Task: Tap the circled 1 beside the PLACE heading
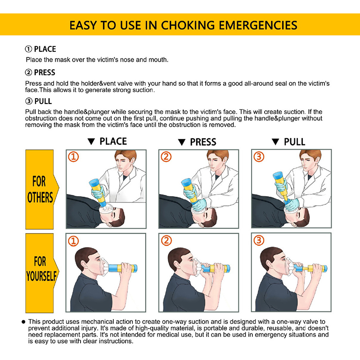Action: click(x=28, y=49)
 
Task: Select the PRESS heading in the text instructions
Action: click(x=45, y=72)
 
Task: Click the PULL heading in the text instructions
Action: click(x=43, y=101)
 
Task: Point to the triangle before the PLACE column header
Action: click(x=91, y=141)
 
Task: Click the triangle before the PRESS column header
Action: click(x=182, y=142)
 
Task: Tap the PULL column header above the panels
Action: click(x=295, y=142)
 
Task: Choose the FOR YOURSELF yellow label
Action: click(x=41, y=273)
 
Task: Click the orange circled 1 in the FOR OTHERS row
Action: click(x=73, y=157)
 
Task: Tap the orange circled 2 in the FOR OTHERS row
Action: click(x=166, y=157)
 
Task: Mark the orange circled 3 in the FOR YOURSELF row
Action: click(x=259, y=241)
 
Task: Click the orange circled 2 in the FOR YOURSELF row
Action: click(x=166, y=241)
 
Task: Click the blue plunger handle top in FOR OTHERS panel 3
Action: click(x=279, y=176)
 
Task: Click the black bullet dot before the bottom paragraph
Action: click(x=23, y=322)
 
